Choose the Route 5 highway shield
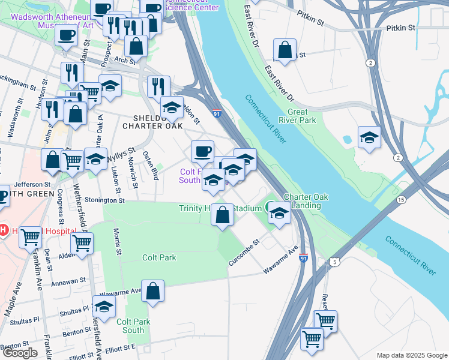[334, 262]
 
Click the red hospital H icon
[4, 230]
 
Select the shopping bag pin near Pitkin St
[285, 50]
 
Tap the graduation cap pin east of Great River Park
[369, 137]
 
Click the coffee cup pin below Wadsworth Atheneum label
[67, 34]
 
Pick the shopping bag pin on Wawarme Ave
[153, 292]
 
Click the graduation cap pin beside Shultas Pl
[104, 307]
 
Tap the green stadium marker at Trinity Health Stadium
[269, 208]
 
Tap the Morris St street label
[117, 240]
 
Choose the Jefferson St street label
[29, 184]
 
